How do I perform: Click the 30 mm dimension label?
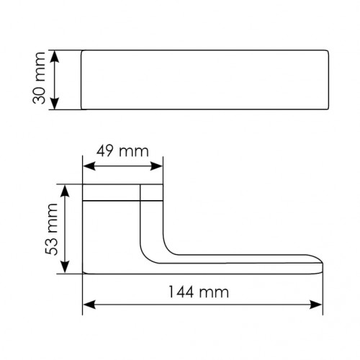(x=39, y=78)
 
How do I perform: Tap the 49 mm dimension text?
(x=122, y=151)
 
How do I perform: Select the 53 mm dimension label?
(x=51, y=229)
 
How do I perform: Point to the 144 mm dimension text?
(x=199, y=292)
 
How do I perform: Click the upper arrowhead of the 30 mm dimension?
(x=55, y=57)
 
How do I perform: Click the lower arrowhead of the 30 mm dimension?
(x=55, y=103)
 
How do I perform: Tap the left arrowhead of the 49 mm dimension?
(x=89, y=166)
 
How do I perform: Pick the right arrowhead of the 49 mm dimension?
(x=156, y=166)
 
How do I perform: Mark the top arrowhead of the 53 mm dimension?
(x=65, y=191)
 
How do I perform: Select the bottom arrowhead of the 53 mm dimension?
(x=65, y=267)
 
